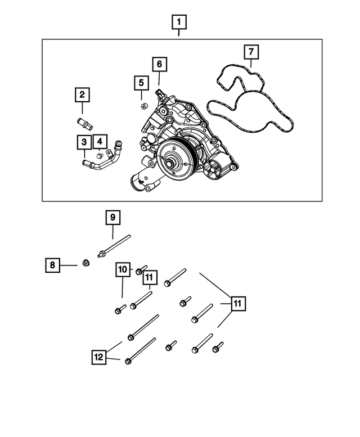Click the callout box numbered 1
(x=179, y=23)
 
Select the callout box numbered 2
(x=82, y=94)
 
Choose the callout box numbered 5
(x=141, y=84)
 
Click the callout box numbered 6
(x=159, y=65)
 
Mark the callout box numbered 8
(x=52, y=264)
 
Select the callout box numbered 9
(x=112, y=217)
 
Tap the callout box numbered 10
(x=123, y=270)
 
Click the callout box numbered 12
(x=99, y=355)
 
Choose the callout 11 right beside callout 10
(x=149, y=278)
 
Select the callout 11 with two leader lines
(x=238, y=304)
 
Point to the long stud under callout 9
(x=116, y=247)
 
